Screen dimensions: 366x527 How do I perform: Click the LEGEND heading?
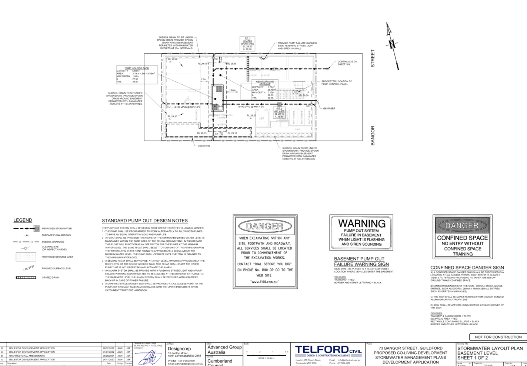[23, 221]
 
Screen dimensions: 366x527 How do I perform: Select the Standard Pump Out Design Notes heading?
[145, 221]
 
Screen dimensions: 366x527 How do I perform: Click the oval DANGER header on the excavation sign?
[265, 226]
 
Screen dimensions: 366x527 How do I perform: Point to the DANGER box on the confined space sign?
[462, 225]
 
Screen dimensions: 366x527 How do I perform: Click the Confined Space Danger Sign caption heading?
[467, 268]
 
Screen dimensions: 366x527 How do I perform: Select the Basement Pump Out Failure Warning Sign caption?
[361, 262]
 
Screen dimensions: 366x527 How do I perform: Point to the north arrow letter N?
[392, 44]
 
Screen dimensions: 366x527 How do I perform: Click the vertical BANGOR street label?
[373, 135]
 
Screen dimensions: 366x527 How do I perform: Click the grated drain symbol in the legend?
[26, 277]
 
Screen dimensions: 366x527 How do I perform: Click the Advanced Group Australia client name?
[224, 350]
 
